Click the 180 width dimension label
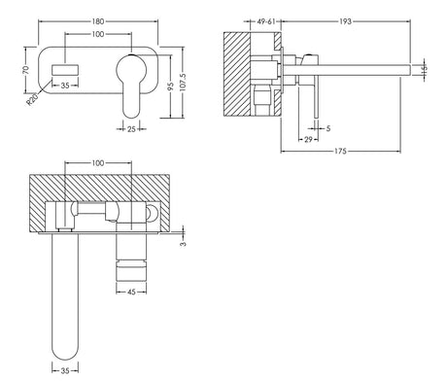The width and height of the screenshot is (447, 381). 98,21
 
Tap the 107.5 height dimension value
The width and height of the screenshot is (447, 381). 183,82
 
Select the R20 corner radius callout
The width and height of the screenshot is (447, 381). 32,99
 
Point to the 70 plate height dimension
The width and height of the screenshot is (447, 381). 26,70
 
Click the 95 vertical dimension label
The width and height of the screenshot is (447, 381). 171,86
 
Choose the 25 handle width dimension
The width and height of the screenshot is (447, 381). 131,129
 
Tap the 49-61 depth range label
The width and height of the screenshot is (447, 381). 266,21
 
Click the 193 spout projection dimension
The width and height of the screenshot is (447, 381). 345,21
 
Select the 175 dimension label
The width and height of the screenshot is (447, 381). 340,151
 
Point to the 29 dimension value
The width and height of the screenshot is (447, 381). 308,140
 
